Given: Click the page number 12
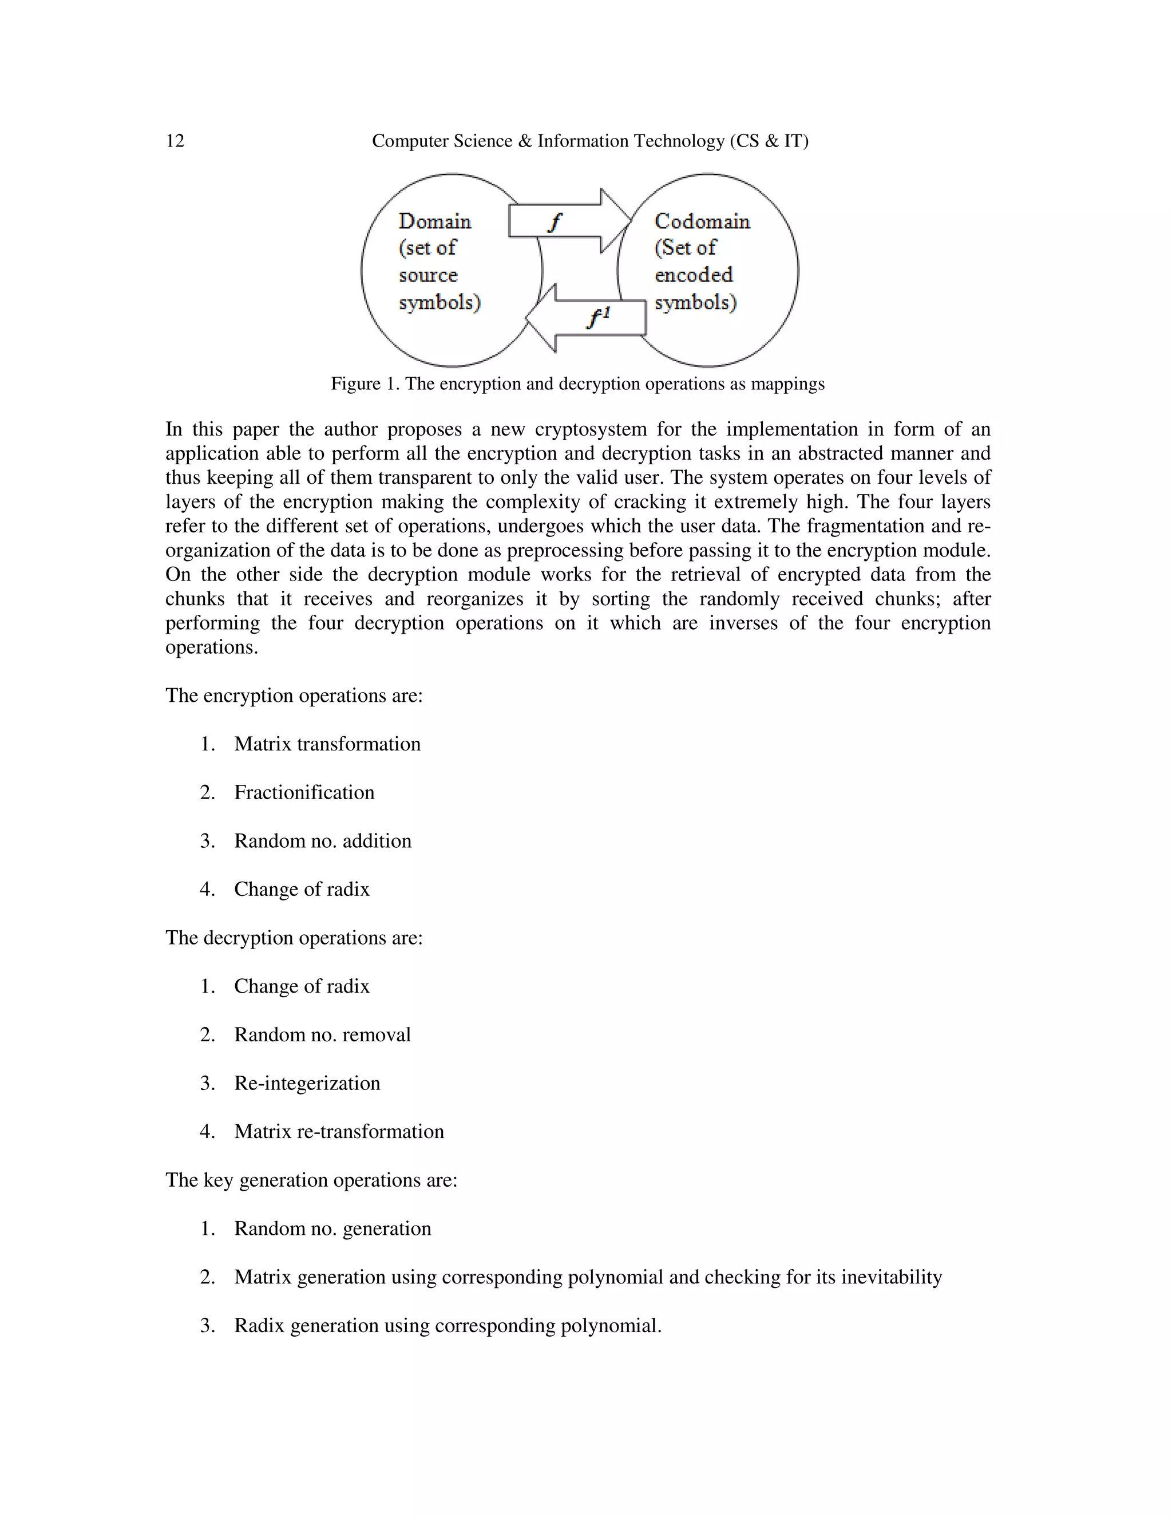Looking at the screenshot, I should [175, 141].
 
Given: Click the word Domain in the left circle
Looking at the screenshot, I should [435, 222].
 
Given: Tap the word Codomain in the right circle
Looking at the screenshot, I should [702, 222].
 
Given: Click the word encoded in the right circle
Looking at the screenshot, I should [693, 275].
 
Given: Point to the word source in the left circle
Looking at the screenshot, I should [427, 275].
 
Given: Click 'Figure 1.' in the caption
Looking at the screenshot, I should [365, 384].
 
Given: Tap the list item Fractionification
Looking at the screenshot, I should [304, 792].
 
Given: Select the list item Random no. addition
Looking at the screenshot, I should [322, 841].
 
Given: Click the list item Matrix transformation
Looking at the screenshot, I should [327, 744].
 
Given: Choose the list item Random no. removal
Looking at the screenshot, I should [322, 1035].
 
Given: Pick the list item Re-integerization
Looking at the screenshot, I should [307, 1084].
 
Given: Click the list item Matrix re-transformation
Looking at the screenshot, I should [339, 1132].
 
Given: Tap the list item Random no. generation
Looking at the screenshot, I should [332, 1228].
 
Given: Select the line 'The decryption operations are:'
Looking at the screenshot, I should [294, 938].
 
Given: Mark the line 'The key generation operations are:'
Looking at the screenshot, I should [311, 1180].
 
